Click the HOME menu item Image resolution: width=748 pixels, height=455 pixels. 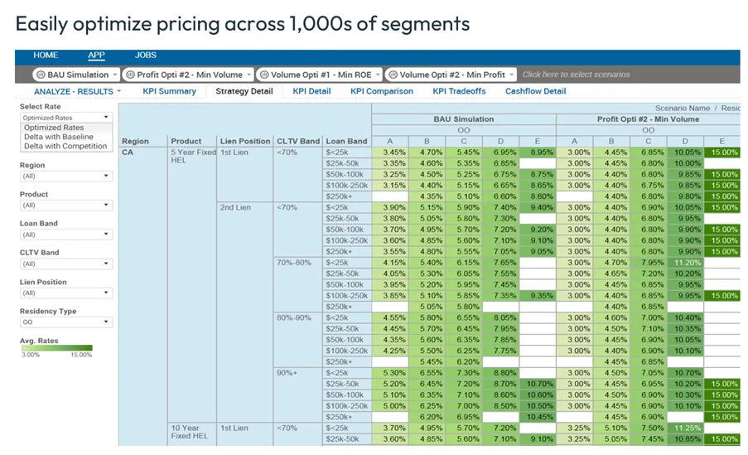click(x=46, y=56)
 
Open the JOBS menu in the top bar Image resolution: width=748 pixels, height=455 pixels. click(x=146, y=56)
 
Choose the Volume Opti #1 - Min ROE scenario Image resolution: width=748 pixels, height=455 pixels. click(x=319, y=75)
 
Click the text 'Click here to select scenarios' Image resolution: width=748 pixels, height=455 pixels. click(x=576, y=75)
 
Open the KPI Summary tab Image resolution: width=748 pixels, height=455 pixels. click(x=169, y=91)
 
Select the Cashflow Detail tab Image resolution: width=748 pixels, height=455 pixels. click(x=535, y=91)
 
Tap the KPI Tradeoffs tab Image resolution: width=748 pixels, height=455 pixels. click(x=459, y=91)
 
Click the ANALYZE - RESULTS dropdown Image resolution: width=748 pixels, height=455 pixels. click(x=77, y=91)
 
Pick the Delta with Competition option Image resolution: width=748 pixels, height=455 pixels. click(x=65, y=146)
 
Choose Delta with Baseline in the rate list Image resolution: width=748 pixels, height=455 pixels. click(x=58, y=137)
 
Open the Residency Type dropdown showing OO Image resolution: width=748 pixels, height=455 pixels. click(x=65, y=322)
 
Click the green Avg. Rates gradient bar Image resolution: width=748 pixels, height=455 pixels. click(x=56, y=348)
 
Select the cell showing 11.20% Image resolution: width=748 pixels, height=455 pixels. click(x=688, y=263)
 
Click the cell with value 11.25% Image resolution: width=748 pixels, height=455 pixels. click(x=688, y=428)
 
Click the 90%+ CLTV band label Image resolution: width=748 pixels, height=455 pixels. click(x=287, y=373)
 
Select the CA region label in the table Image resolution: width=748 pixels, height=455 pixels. click(x=128, y=152)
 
